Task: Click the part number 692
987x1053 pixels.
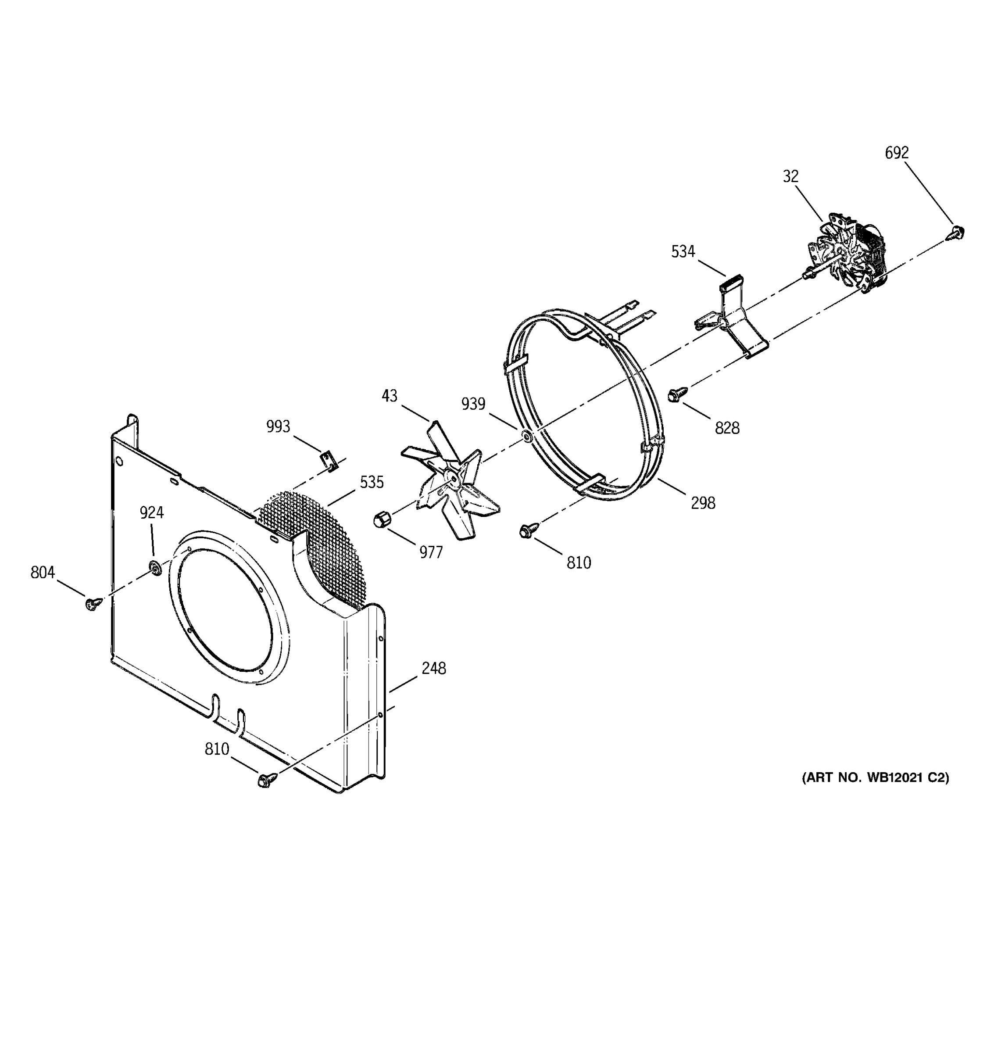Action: click(x=897, y=153)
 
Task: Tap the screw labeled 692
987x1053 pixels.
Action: click(x=956, y=232)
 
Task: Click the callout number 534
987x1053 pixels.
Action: click(x=683, y=251)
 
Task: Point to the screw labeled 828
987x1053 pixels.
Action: click(x=676, y=394)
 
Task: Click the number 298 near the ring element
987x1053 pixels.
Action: click(x=703, y=503)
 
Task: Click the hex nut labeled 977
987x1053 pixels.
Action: click(x=381, y=519)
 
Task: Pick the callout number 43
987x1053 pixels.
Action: click(x=389, y=396)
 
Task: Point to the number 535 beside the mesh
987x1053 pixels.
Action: click(x=372, y=482)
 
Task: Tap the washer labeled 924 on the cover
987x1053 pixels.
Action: click(x=154, y=567)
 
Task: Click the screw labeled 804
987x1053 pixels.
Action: click(x=93, y=603)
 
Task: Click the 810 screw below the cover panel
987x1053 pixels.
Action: click(x=266, y=780)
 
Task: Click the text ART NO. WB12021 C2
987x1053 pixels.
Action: click(x=875, y=777)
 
